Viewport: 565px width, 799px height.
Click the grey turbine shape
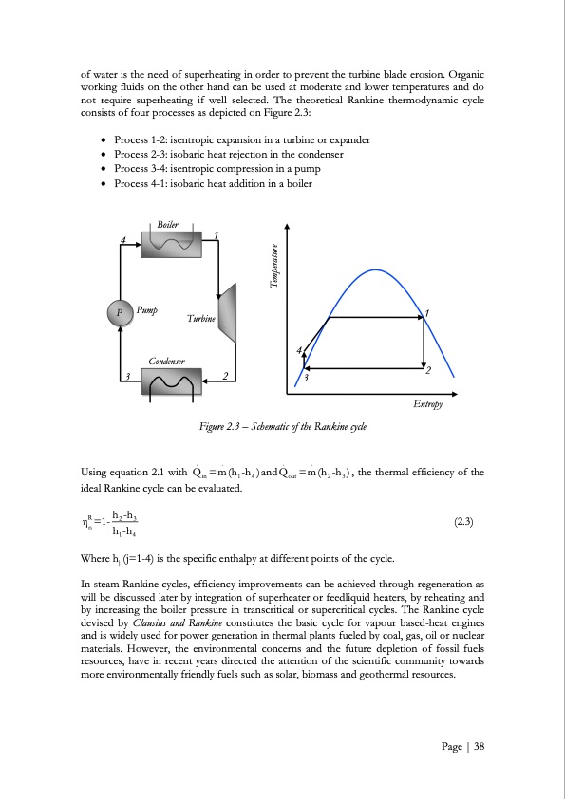point(228,312)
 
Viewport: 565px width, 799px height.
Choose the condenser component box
point(171,383)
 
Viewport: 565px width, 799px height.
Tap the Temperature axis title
point(274,269)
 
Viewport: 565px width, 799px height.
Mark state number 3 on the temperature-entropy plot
point(306,380)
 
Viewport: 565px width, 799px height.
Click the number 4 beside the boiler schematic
point(123,239)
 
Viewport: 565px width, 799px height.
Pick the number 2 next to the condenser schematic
point(224,377)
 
